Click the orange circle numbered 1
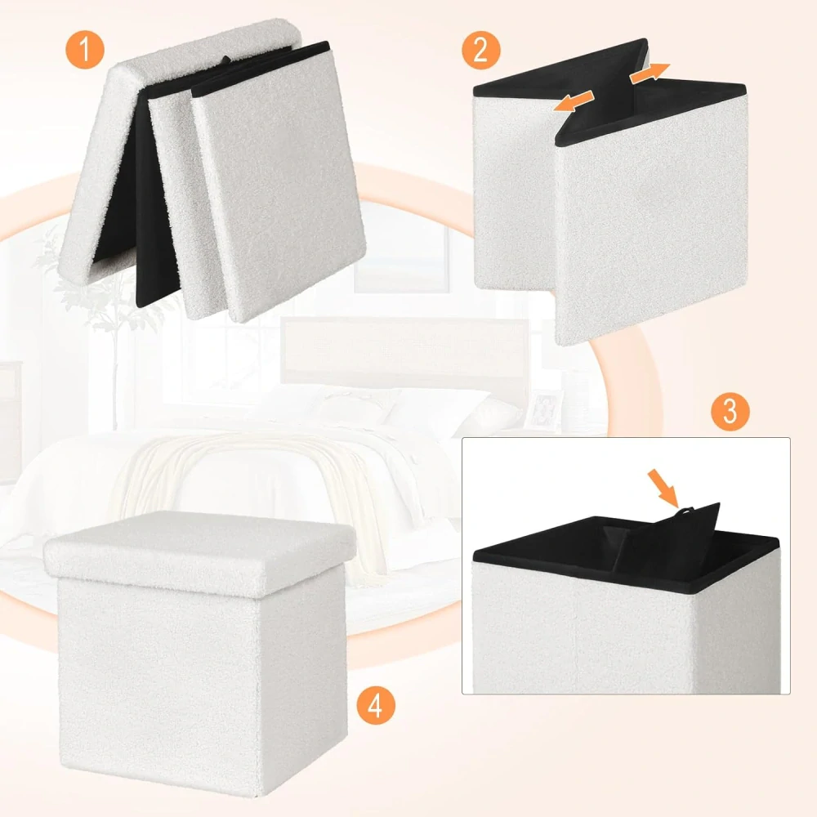pyautogui.click(x=85, y=50)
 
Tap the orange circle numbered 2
pyautogui.click(x=481, y=50)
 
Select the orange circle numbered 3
pyautogui.click(x=730, y=411)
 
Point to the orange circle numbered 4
pyautogui.click(x=376, y=706)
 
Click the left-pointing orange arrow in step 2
pyautogui.click(x=574, y=100)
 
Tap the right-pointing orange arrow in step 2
pyautogui.click(x=650, y=73)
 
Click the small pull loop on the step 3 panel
pyautogui.click(x=684, y=511)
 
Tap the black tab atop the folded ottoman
pyautogui.click(x=226, y=60)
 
